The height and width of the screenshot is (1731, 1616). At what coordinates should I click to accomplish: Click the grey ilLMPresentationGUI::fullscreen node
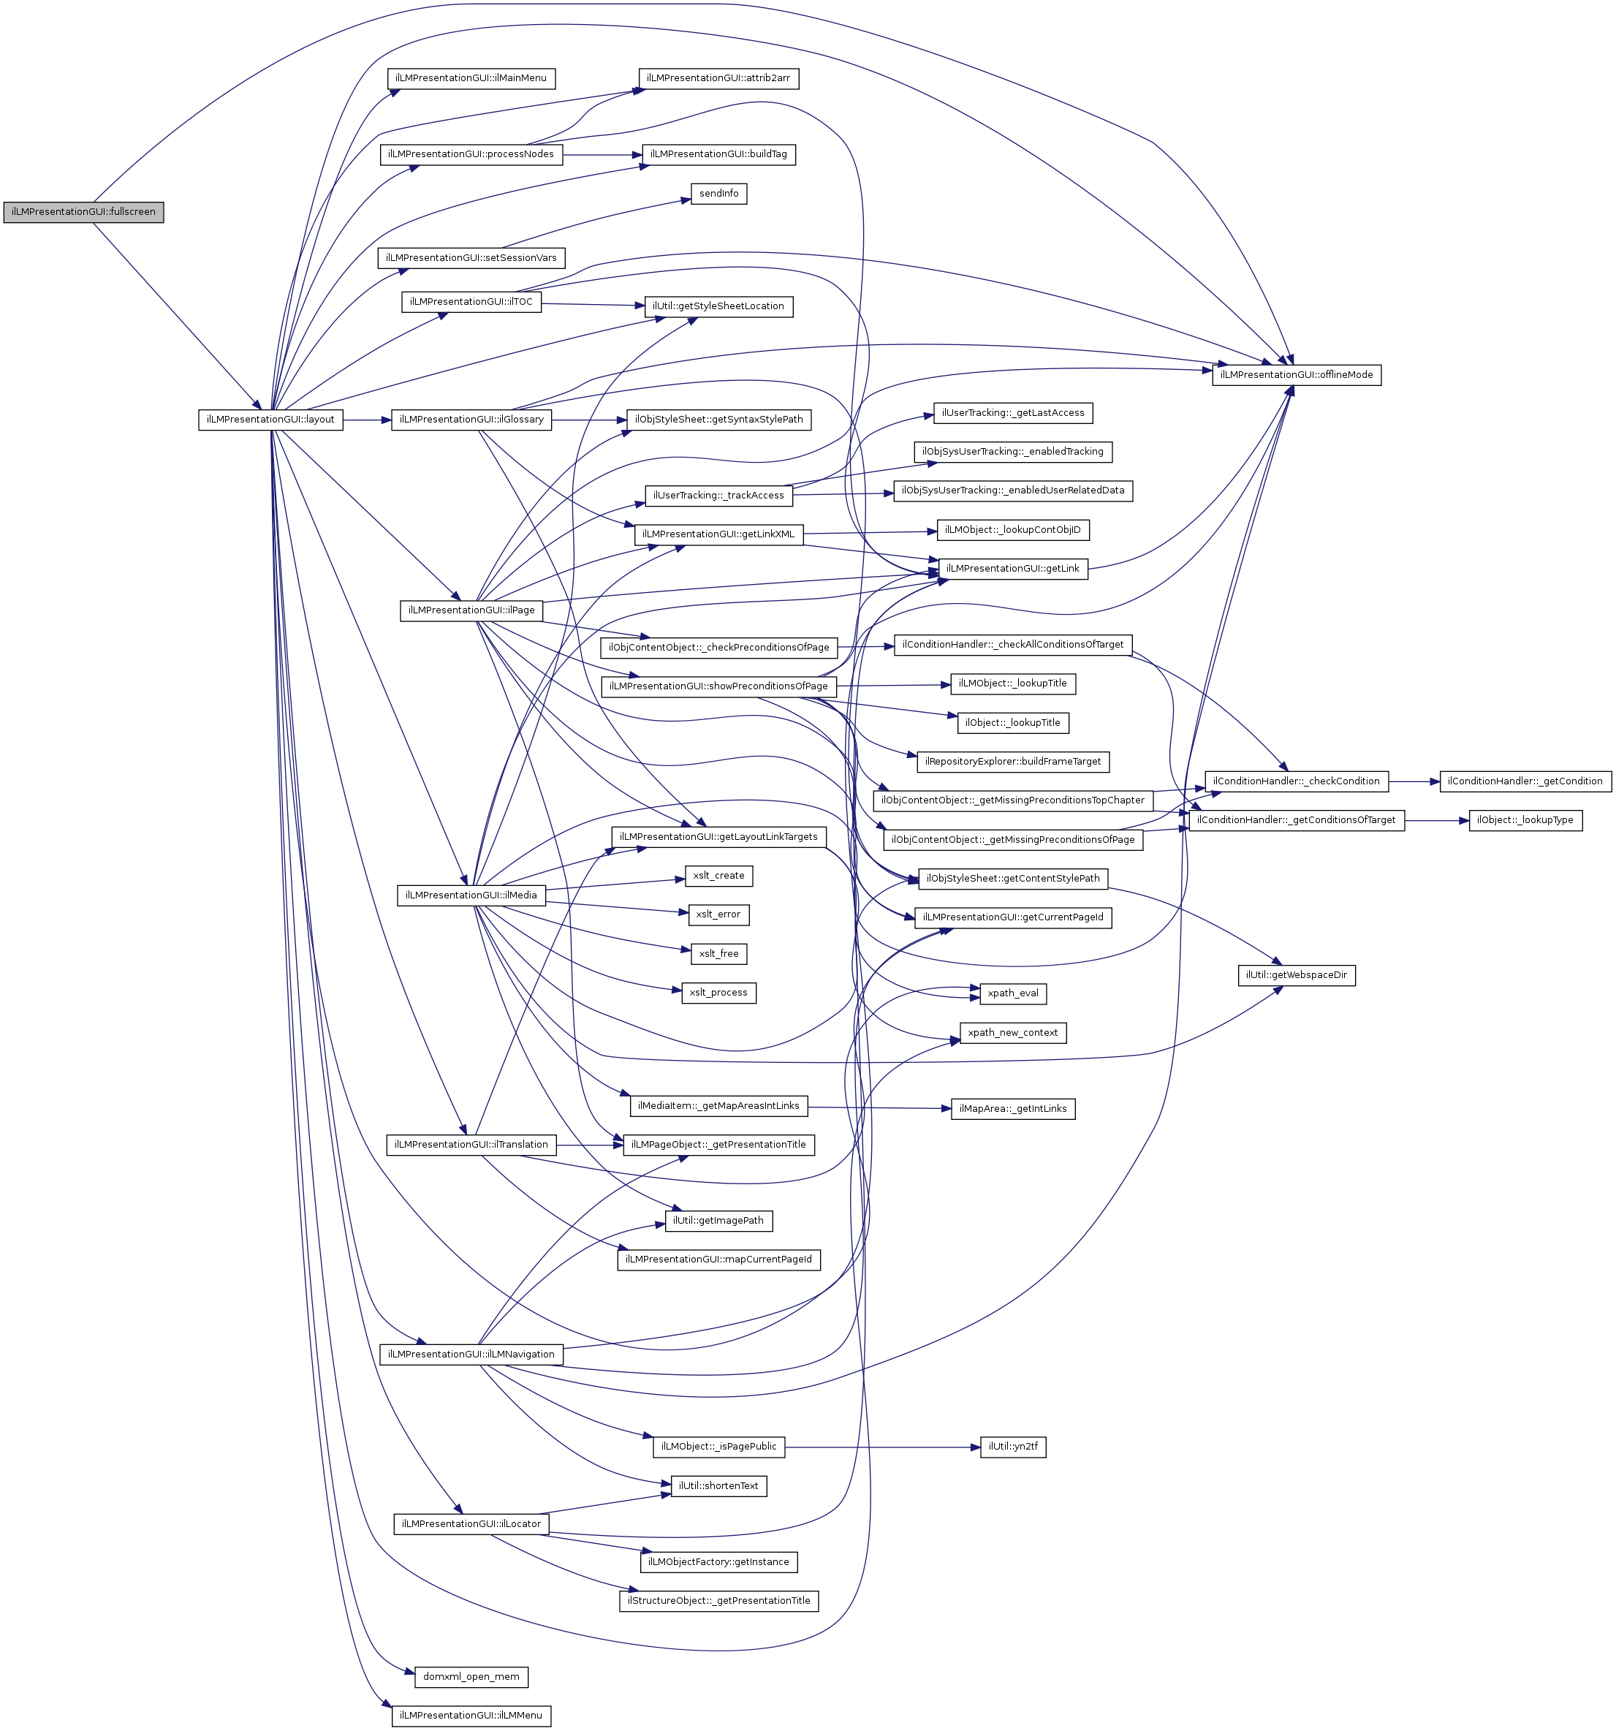tap(83, 211)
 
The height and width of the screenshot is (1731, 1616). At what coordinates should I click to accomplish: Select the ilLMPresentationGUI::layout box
tap(270, 420)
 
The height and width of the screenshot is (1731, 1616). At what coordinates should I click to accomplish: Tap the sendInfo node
tap(718, 193)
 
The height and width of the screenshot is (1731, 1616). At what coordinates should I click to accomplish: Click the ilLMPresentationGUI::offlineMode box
tap(1297, 375)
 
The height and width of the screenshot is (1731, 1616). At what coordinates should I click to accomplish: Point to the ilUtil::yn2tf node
tap(1012, 1447)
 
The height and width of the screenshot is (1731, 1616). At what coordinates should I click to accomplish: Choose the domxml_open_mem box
tap(471, 1677)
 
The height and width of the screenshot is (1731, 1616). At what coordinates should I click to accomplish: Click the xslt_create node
tap(718, 876)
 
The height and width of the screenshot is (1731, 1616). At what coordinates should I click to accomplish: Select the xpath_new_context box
tap(1012, 1034)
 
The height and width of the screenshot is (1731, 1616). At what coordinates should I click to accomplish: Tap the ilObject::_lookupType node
tap(1525, 820)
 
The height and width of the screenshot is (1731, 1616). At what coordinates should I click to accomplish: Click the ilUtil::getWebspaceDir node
tap(1297, 975)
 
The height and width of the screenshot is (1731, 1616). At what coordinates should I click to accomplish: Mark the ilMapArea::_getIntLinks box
tap(1012, 1110)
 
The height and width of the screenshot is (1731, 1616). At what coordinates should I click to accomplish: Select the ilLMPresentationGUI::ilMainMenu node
tap(471, 78)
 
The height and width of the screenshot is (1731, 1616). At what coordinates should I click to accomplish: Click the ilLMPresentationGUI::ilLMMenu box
tap(471, 1716)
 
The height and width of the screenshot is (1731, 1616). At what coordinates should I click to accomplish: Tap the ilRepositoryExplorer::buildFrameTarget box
tap(1012, 762)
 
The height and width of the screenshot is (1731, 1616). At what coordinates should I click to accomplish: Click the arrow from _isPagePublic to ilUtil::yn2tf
tap(882, 1447)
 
